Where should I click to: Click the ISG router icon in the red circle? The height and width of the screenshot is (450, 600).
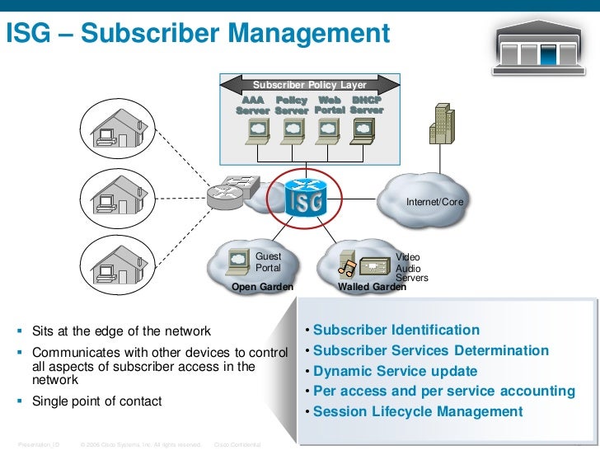[306, 198]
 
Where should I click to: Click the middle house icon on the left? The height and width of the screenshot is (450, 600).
[110, 198]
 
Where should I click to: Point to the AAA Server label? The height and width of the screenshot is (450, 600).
[252, 105]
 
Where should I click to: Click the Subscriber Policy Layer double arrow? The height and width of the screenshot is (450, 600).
[310, 84]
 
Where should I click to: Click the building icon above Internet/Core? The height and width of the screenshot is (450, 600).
[443, 124]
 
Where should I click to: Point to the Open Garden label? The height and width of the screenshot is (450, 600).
[262, 287]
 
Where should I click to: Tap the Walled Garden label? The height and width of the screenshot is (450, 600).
[372, 287]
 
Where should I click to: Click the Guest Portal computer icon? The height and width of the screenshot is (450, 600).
[239, 260]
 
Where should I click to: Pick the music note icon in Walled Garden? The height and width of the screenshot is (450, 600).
[347, 266]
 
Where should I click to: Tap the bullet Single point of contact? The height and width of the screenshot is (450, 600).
[97, 401]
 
